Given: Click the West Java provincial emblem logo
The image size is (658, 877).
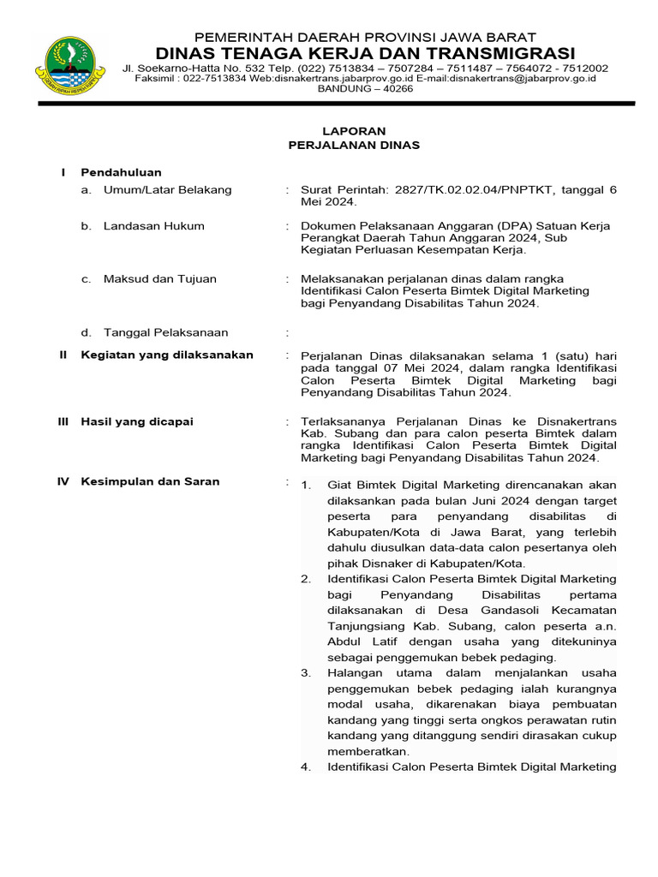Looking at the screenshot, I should point(69,65).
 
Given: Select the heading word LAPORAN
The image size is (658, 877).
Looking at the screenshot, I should point(354,131).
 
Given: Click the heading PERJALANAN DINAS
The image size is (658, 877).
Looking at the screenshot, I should point(354,146).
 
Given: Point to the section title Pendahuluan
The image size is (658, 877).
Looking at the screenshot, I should point(121,173).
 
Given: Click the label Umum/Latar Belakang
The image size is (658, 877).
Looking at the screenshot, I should point(167,190).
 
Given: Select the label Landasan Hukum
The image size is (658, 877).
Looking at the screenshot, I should point(153,226).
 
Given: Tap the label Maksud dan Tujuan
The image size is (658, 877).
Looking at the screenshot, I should point(159,279).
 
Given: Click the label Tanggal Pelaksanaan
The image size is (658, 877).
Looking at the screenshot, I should point(165,332).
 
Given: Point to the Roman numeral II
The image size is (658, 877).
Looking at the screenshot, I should point(63,355).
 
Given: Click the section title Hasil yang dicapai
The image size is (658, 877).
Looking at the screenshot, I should point(137,421).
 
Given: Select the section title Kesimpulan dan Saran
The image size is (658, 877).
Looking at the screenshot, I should point(150,481).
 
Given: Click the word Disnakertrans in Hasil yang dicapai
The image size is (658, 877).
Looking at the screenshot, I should point(577,421).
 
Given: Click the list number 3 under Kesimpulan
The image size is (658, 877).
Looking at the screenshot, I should point(306,673).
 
